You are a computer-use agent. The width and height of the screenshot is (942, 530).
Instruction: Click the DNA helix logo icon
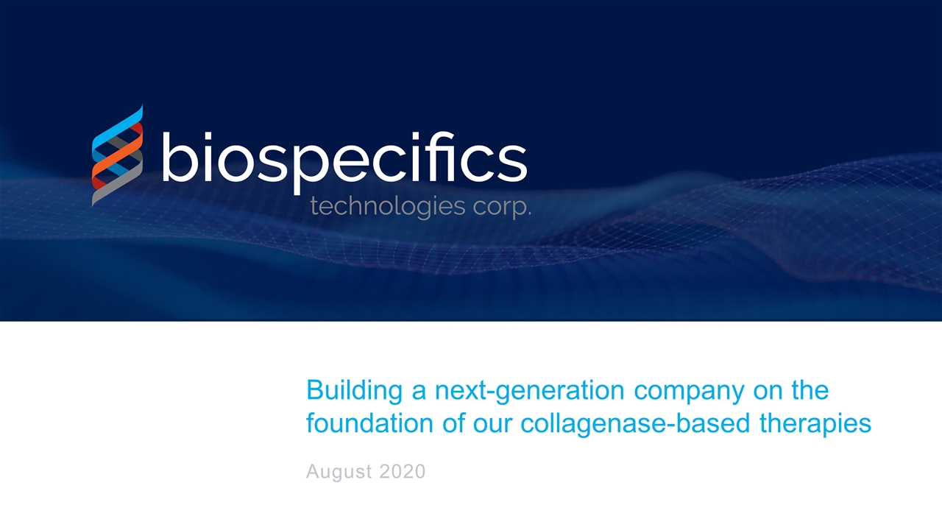117,155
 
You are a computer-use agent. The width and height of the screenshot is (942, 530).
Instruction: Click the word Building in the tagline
355,391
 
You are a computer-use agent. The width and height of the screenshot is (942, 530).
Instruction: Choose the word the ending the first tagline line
810,391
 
